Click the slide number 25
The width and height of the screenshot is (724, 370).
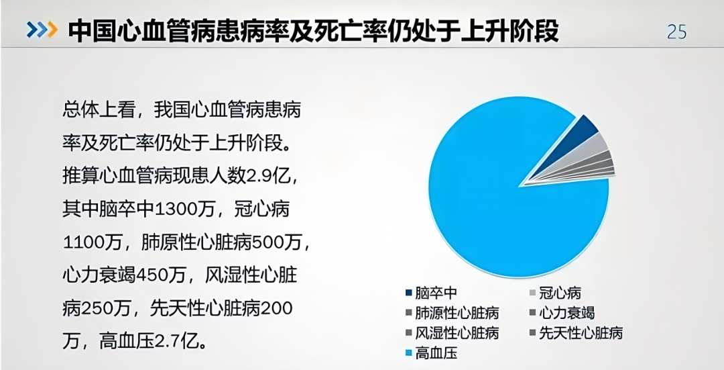point(676,31)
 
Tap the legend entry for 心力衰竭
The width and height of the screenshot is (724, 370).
point(566,313)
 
